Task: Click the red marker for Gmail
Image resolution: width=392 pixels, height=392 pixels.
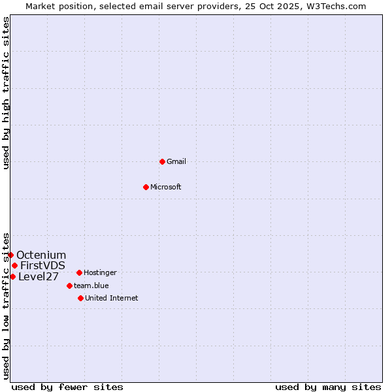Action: [x=162, y=161]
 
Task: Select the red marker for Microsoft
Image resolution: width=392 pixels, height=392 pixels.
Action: [x=146, y=187]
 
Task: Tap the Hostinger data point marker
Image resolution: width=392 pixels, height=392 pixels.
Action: [x=79, y=272]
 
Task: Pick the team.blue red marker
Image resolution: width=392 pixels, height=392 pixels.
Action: [x=69, y=286]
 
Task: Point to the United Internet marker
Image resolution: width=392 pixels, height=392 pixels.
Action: [x=80, y=298]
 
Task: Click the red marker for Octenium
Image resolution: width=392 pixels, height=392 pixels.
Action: [x=11, y=255]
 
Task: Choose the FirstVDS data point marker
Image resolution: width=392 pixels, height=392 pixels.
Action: [x=14, y=265]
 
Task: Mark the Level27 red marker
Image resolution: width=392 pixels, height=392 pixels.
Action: [x=12, y=276]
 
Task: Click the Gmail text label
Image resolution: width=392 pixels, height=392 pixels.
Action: [x=176, y=161]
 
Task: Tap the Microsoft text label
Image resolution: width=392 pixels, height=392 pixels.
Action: [x=165, y=187]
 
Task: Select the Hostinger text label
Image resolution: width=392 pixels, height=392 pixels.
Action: [x=100, y=272]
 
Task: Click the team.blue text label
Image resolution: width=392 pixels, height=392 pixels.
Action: [x=91, y=286]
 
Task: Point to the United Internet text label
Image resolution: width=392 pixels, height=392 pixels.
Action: [x=111, y=298]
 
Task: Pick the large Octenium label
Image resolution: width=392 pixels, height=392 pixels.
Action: [x=41, y=255]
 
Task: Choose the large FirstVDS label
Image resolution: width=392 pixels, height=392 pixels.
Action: [x=42, y=265]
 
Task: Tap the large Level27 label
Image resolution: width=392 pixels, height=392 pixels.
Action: [x=39, y=276]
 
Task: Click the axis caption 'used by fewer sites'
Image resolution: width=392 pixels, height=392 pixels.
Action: [x=67, y=387]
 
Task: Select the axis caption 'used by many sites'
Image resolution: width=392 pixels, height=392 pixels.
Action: [x=328, y=387]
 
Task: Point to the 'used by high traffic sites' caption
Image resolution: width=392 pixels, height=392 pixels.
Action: [x=6, y=93]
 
